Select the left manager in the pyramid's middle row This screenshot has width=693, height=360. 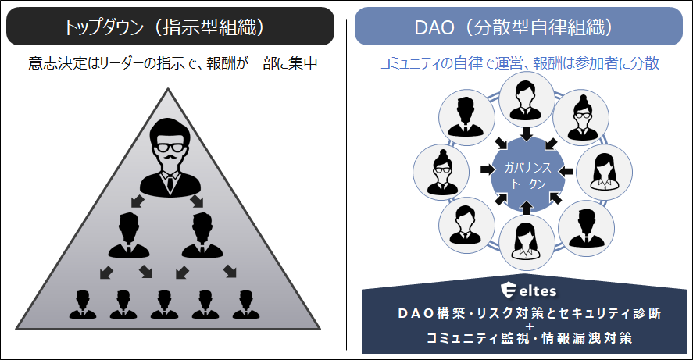(129, 233)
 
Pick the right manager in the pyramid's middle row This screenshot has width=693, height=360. (202, 233)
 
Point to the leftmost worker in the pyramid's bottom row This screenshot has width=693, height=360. (82, 304)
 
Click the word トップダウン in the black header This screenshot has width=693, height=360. (105, 27)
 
